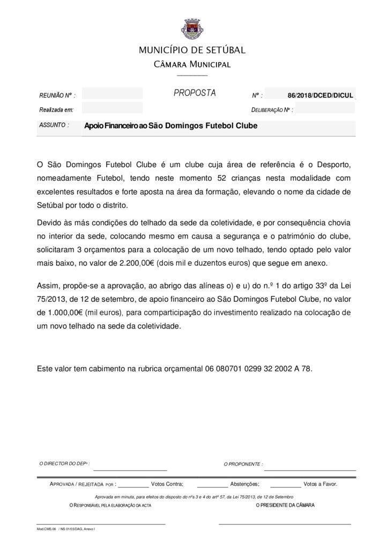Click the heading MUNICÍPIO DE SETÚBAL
pos(192,50)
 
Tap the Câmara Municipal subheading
pos(192,65)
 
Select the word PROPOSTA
pos(195,93)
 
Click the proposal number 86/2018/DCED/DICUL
pos(320,95)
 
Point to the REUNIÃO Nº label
pos(57,95)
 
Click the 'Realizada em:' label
pos(56,110)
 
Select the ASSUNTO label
pos(54,125)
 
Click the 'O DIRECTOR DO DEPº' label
pos(65,463)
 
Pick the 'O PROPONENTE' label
pos(243,464)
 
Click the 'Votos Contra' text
pos(167,484)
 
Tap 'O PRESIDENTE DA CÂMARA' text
pos(286,505)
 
